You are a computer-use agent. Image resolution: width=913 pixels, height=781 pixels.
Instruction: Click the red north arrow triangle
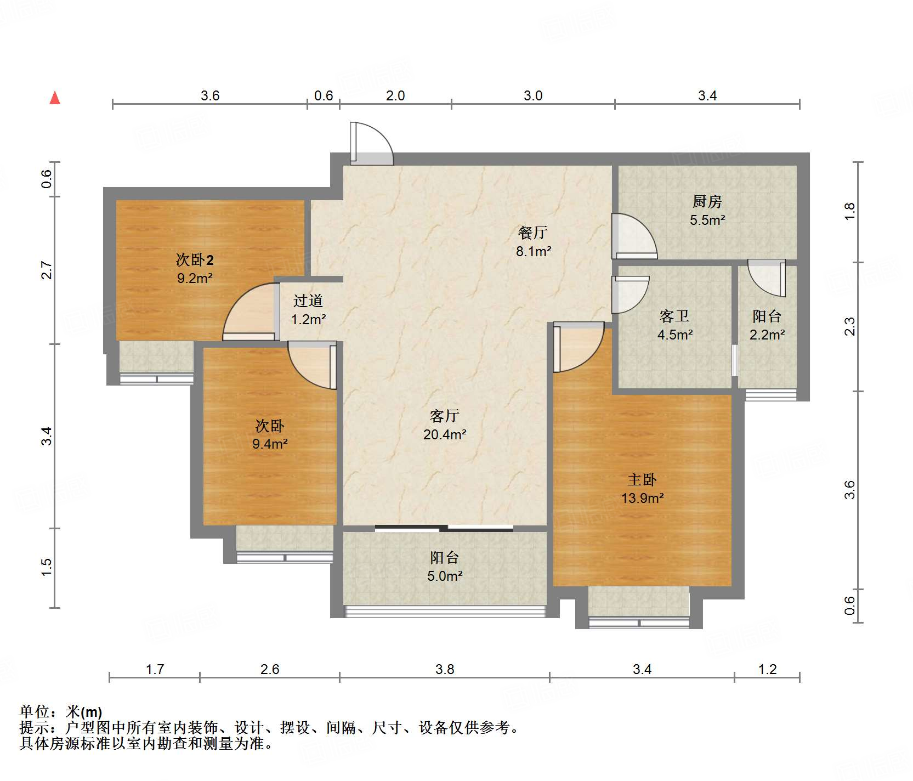point(55,98)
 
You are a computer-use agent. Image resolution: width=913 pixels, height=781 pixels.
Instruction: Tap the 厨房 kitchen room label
point(707,202)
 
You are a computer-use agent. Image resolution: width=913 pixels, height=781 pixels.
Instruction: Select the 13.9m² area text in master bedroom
point(642,498)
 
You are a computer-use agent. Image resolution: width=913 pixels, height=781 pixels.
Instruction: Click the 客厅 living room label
point(444,416)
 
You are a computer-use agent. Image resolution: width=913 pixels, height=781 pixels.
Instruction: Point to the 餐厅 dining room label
point(532,233)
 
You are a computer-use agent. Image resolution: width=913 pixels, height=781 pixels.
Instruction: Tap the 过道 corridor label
point(308,301)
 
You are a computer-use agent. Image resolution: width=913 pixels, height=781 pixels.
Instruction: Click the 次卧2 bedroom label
point(195,259)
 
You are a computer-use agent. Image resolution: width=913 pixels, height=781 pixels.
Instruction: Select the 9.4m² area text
point(270,444)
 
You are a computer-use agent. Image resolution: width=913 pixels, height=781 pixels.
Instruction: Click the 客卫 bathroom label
point(674,316)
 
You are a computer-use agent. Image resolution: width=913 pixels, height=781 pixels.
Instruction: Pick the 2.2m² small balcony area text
point(767,334)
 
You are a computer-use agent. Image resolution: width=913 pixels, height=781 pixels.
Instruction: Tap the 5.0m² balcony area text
point(445,576)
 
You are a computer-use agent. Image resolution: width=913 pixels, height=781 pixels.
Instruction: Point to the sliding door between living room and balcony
point(444,529)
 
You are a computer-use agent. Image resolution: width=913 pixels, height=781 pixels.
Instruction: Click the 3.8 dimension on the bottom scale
point(445,669)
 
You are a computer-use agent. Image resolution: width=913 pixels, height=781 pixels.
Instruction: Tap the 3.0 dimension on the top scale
point(532,96)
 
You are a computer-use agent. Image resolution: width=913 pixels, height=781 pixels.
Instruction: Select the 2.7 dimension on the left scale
point(47,270)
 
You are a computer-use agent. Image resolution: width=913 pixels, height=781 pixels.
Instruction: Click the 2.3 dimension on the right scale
point(849,326)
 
